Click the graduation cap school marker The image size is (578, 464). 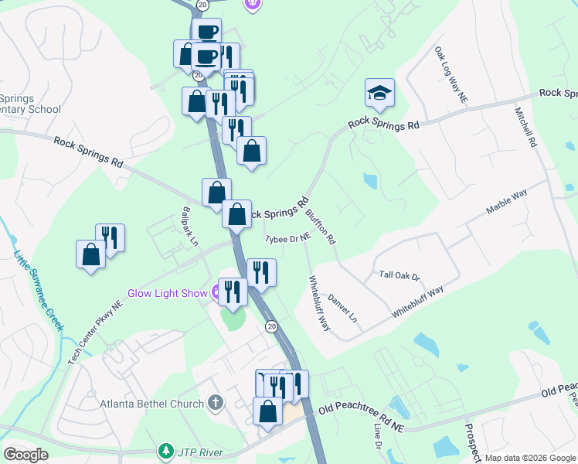pyautogui.click(x=380, y=94)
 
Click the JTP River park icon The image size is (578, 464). pyautogui.click(x=165, y=450)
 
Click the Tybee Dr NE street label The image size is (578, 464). pyautogui.click(x=287, y=239)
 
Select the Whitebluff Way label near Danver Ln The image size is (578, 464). pyautogui.click(x=319, y=304)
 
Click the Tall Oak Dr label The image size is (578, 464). pyautogui.click(x=399, y=275)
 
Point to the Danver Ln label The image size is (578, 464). pyautogui.click(x=342, y=307)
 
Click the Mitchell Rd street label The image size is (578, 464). pyautogui.click(x=523, y=127)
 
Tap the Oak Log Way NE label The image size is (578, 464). pyautogui.click(x=451, y=74)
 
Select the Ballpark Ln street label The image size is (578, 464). pyautogui.click(x=190, y=225)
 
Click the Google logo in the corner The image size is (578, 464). pyautogui.click(x=25, y=455)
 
